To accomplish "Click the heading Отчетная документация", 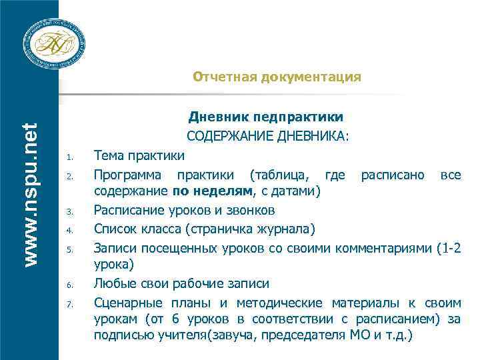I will click(277, 77).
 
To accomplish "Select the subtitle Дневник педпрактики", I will click(266, 118).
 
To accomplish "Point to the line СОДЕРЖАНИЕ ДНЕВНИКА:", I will click(267, 137).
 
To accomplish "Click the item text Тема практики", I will click(139, 156).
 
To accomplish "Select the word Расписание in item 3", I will click(126, 211).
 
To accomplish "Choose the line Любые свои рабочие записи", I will click(182, 283).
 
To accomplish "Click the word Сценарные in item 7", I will click(125, 301).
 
